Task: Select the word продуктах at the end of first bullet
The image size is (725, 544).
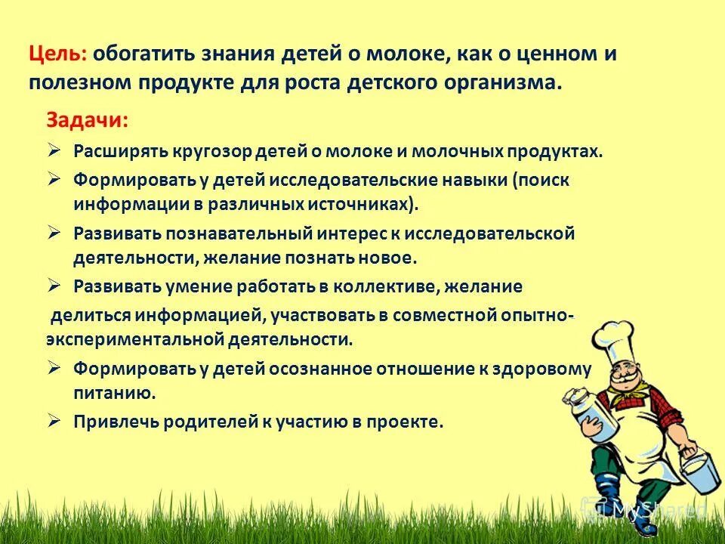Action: click(557, 150)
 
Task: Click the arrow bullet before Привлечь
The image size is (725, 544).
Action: click(55, 420)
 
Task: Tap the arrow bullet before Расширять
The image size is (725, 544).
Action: click(55, 149)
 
